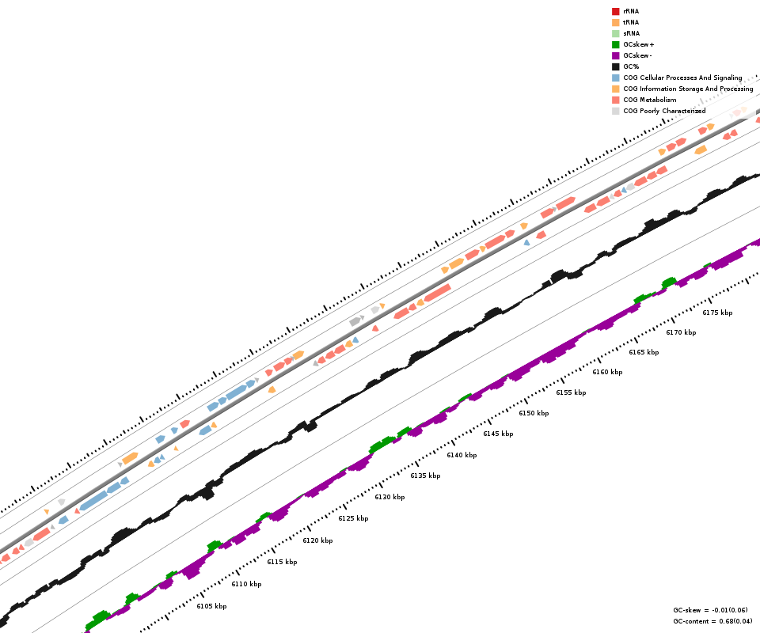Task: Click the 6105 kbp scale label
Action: click(211, 606)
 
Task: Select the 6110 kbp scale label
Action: click(246, 584)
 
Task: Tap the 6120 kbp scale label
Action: click(317, 540)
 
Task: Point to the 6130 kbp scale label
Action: click(389, 497)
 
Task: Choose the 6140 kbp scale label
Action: click(462, 455)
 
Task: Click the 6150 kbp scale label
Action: click(534, 413)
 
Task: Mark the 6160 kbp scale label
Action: click(607, 372)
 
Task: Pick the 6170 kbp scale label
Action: click(681, 332)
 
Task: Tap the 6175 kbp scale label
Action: click(717, 313)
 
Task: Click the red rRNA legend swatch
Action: click(615, 11)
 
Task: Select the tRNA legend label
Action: click(631, 22)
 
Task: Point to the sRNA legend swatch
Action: click(615, 33)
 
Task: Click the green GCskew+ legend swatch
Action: click(615, 44)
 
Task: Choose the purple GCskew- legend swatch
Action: click(615, 55)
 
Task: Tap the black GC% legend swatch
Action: click(615, 66)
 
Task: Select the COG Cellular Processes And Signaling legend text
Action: click(682, 78)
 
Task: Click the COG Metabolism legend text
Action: click(649, 100)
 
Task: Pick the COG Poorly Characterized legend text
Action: click(664, 111)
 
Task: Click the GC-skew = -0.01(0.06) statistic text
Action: click(710, 610)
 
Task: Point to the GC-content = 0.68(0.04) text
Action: click(712, 621)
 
